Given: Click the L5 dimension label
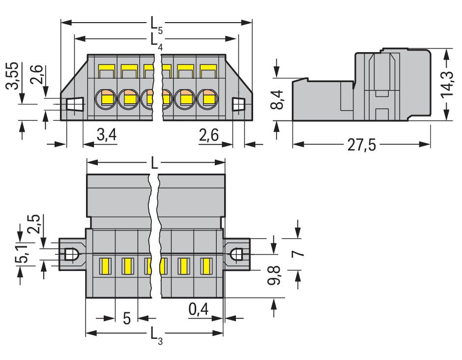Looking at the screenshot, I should (x=156, y=25).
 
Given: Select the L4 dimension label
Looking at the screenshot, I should (x=156, y=41).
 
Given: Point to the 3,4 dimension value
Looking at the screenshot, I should (x=107, y=134).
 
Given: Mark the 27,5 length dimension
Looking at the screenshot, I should (x=362, y=145).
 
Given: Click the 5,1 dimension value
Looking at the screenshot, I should (x=20, y=252).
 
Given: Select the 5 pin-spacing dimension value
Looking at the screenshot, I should (x=127, y=319).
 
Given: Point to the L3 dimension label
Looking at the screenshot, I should (x=156, y=335).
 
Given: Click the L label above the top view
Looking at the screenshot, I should (x=155, y=163).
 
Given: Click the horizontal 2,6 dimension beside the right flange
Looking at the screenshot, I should (x=209, y=134).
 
